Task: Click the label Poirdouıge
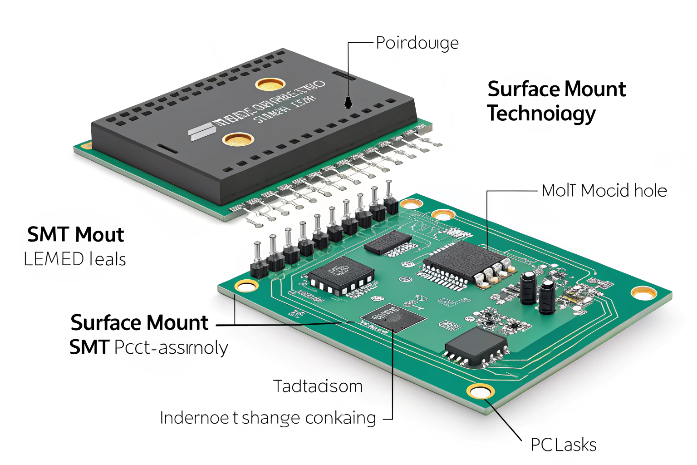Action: (417, 44)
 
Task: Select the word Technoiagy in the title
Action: (541, 114)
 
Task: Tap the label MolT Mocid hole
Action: (604, 191)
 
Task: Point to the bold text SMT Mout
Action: (75, 235)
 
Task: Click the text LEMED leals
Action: (75, 259)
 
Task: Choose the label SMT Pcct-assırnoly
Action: (148, 348)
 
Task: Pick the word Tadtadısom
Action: (318, 386)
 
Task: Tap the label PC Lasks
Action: (564, 445)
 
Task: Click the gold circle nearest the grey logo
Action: (238, 139)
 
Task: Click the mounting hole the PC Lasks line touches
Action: (481, 391)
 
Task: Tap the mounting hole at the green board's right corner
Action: (643, 293)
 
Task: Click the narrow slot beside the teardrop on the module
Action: (344, 73)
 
